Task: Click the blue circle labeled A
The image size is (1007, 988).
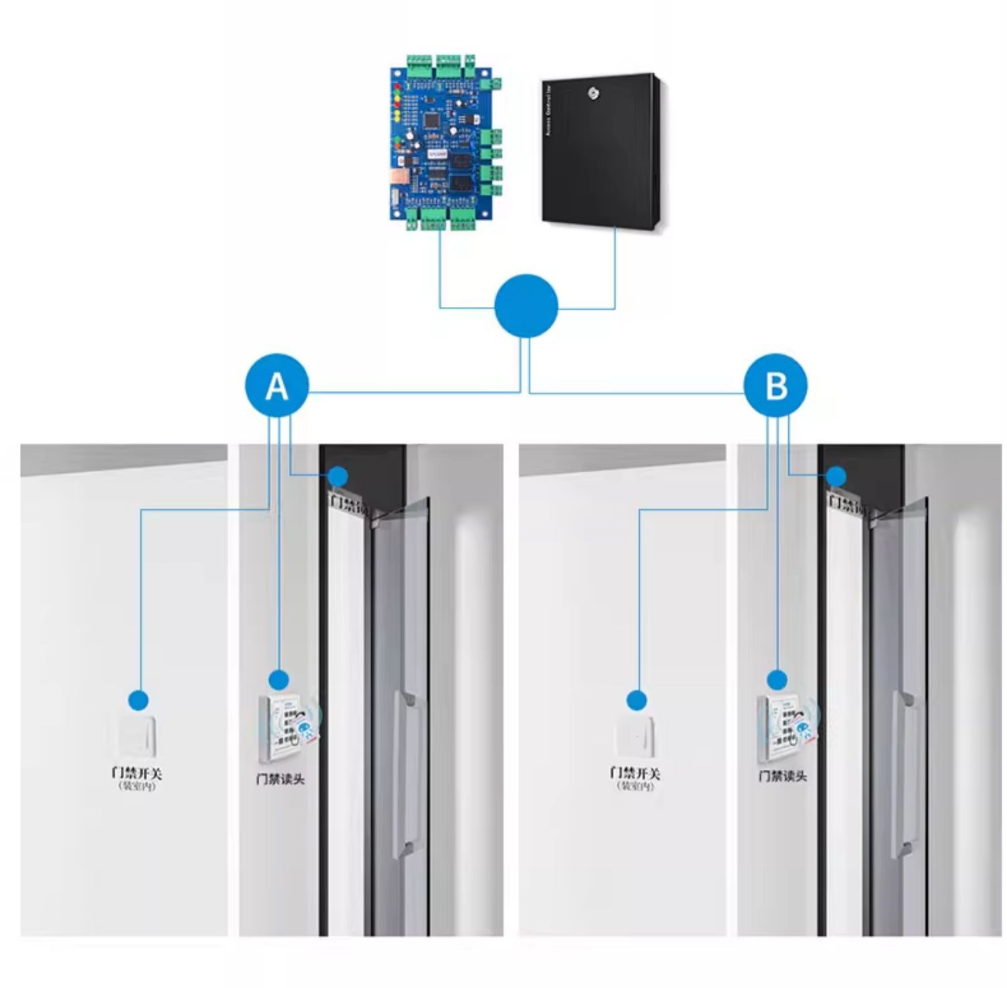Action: (x=277, y=386)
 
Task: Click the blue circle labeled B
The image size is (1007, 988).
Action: (x=775, y=386)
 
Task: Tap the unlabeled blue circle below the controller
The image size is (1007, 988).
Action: (x=526, y=306)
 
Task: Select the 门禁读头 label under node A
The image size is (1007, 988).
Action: (x=281, y=779)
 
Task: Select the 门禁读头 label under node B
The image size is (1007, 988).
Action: (x=783, y=776)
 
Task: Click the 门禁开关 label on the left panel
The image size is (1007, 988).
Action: (x=137, y=773)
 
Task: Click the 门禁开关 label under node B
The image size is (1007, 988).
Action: (x=635, y=773)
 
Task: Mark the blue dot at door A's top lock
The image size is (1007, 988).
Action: (x=338, y=477)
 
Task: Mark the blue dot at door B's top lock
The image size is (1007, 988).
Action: (x=836, y=477)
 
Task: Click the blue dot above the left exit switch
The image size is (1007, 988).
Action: (x=138, y=701)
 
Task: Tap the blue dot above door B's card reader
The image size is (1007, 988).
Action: (x=777, y=680)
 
